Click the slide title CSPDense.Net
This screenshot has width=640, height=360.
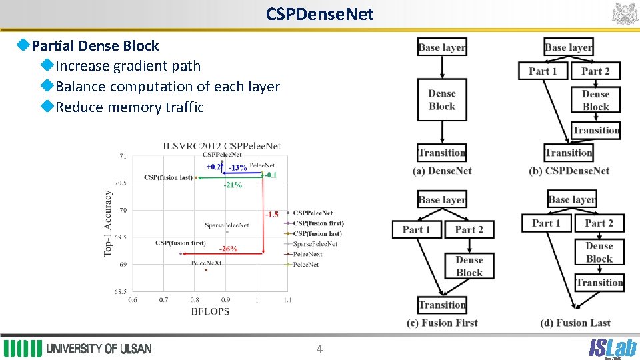click(x=319, y=14)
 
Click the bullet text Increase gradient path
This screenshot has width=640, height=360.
click(x=127, y=66)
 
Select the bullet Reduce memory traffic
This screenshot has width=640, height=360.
click(x=129, y=107)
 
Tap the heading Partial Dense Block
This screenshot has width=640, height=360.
click(x=95, y=46)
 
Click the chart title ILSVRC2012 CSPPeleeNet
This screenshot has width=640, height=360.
click(x=222, y=146)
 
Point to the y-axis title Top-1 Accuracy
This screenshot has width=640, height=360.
click(x=107, y=224)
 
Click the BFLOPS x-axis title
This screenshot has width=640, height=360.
click(x=210, y=311)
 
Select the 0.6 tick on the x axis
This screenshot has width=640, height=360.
click(x=133, y=301)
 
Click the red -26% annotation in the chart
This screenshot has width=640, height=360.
click(x=228, y=249)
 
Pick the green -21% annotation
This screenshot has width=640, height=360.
click(x=233, y=185)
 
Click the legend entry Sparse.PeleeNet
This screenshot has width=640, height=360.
click(x=315, y=244)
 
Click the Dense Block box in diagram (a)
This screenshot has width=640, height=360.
click(x=442, y=100)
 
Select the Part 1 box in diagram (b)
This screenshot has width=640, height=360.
click(x=543, y=71)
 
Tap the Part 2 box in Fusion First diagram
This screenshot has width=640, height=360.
click(x=469, y=229)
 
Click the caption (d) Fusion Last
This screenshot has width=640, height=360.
click(x=575, y=323)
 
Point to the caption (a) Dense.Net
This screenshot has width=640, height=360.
click(x=442, y=171)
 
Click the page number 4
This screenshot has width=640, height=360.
click(x=319, y=349)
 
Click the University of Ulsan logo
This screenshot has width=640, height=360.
click(x=78, y=349)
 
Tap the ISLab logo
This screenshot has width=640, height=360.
click(x=611, y=347)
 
